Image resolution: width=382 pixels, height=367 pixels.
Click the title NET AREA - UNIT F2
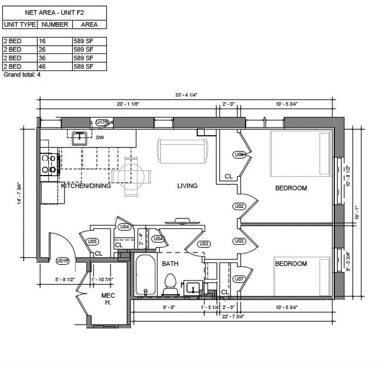pyautogui.click(x=54, y=12)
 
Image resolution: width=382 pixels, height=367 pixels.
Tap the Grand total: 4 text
pyautogui.click(x=22, y=75)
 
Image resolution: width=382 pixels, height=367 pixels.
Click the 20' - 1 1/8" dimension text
pyautogui.click(x=128, y=104)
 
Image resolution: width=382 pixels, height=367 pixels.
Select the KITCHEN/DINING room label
pyautogui.click(x=86, y=186)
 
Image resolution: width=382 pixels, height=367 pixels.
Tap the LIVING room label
pyautogui.click(x=187, y=186)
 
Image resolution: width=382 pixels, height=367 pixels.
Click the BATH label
pyautogui.click(x=170, y=264)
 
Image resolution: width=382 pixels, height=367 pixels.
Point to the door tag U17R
pyautogui.click(x=102, y=122)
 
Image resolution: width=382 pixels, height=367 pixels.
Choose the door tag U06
pyautogui.click(x=239, y=154)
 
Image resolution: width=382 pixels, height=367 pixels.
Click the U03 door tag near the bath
pyautogui.click(x=203, y=244)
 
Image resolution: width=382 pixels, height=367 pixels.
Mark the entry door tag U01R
pyautogui.click(x=63, y=261)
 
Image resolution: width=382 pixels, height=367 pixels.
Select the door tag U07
pyautogui.click(x=239, y=279)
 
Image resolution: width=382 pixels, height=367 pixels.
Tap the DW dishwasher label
pyautogui.click(x=100, y=139)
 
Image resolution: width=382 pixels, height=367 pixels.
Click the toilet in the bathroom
pyautogui.click(x=170, y=284)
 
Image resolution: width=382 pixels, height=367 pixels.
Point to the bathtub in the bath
pyautogui.click(x=145, y=275)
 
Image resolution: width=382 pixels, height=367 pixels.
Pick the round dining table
pyautogui.click(x=129, y=175)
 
